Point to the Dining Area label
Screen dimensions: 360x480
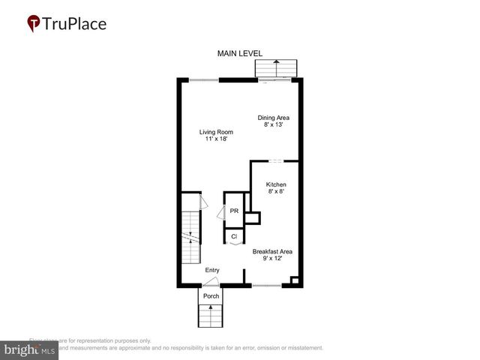tap(274, 118)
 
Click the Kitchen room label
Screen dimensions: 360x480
tap(276, 184)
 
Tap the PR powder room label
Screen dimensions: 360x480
tap(234, 211)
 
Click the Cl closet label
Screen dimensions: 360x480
tap(234, 236)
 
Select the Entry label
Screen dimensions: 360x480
tap(212, 270)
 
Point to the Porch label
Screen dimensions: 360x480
tap(211, 296)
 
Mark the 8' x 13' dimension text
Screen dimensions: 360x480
tap(274, 125)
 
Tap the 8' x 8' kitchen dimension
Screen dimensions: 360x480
tap(276, 192)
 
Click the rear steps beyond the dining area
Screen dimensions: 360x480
tap(277, 68)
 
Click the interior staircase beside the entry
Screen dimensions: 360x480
tap(191, 236)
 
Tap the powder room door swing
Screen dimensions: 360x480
tap(220, 213)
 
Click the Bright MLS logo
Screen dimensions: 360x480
tap(31, 349)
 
